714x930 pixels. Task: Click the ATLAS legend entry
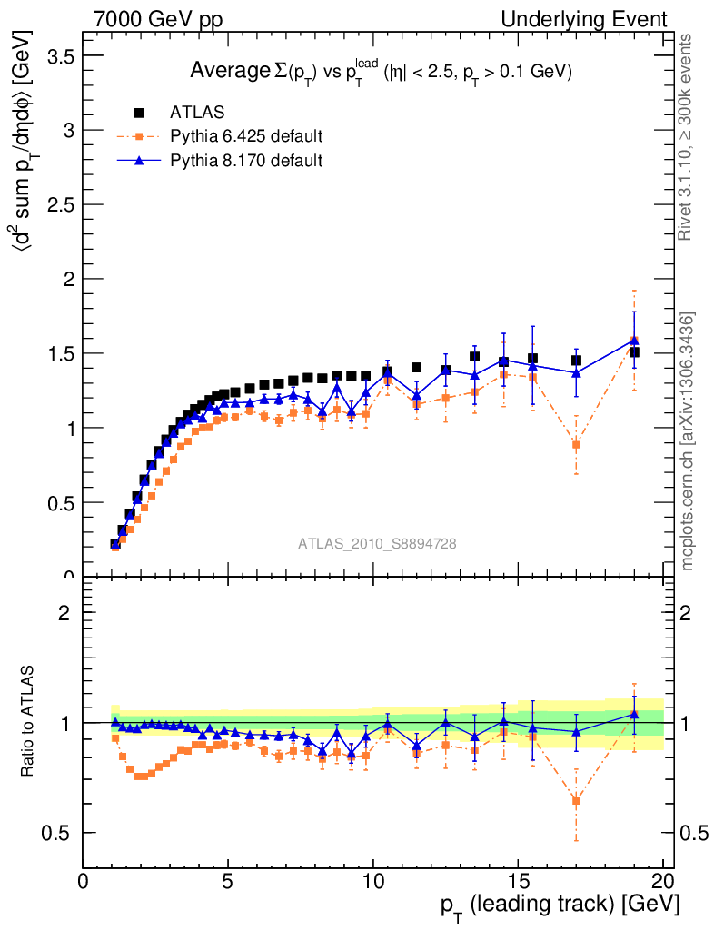[197, 113]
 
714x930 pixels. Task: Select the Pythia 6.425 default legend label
[246, 137]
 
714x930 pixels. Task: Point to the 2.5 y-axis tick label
[62, 205]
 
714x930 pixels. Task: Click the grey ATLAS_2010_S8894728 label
[377, 544]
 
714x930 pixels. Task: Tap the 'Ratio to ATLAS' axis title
[29, 723]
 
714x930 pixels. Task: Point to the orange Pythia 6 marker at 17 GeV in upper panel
[576, 444]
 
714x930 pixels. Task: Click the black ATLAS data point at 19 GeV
[634, 351]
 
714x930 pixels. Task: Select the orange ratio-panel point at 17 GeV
[576, 801]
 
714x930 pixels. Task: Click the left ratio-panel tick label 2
[64, 612]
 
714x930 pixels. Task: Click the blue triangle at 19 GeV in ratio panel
[634, 714]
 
